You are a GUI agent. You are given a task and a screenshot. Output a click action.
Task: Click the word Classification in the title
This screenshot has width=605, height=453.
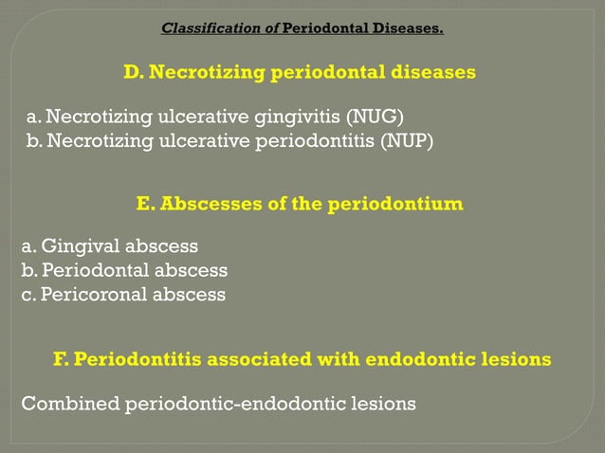coord(213,28)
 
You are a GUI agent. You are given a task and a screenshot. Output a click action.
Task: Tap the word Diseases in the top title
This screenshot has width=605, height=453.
coord(409,28)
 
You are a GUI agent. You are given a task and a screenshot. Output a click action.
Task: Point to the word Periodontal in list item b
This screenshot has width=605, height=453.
coord(95,270)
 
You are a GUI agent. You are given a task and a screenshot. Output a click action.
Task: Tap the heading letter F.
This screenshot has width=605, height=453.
coord(59,360)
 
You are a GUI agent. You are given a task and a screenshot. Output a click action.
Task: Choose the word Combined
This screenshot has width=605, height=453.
coord(69,404)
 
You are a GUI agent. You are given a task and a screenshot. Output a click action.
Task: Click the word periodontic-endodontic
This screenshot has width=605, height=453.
coord(240,404)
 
